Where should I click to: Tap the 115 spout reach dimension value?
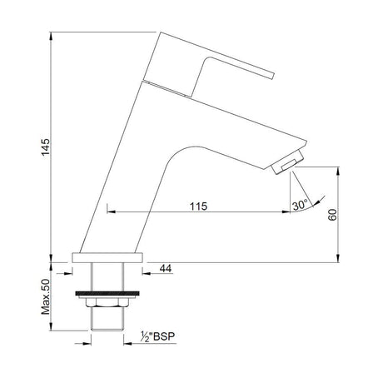[198, 205]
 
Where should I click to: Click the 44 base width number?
[164, 267]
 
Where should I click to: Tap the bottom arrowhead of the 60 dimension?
[337, 258]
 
